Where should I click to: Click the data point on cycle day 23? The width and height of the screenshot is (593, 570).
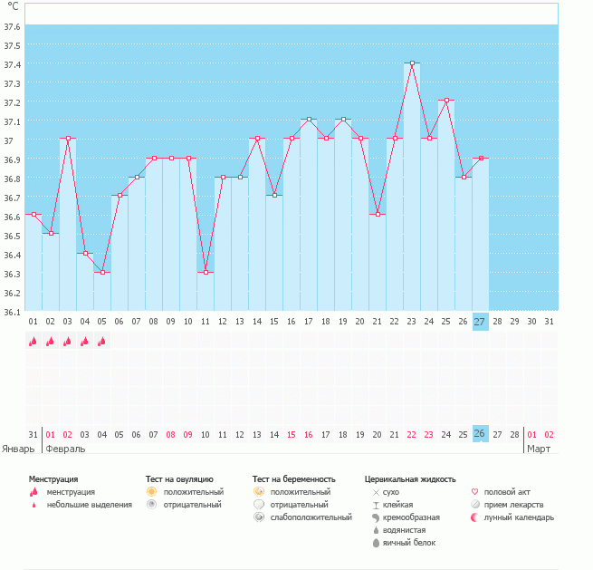coord(412,63)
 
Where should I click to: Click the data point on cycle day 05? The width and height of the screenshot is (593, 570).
coord(102,273)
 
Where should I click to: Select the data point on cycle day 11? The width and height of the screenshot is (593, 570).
coord(206,273)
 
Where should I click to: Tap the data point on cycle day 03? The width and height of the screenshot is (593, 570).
coord(68,139)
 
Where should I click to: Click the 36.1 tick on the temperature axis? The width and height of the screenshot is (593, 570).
coord(13,312)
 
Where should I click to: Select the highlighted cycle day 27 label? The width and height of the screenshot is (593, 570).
coord(481,322)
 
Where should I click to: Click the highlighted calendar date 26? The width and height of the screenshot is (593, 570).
coord(481,433)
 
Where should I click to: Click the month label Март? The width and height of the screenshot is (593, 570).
coord(540,449)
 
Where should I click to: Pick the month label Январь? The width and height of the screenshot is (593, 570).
coord(19,449)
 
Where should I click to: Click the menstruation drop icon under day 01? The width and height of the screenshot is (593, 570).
coord(33,342)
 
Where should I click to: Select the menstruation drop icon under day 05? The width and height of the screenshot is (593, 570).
coord(102,342)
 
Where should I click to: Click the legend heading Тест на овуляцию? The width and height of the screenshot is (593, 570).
coord(179,478)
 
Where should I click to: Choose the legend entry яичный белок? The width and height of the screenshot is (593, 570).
coord(409,543)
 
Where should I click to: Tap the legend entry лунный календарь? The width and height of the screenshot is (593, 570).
coord(519,517)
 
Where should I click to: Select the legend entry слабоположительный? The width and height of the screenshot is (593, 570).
coord(311,517)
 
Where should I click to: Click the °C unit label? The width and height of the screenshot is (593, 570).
coord(12,7)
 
